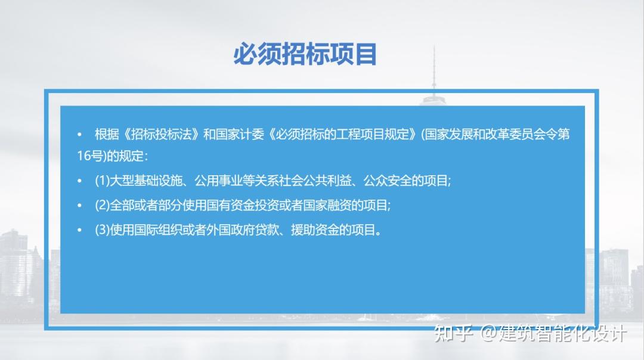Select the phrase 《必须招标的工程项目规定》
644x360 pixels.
[x=342, y=134]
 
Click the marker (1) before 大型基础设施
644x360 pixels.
[x=103, y=181]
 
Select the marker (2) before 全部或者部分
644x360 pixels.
[x=103, y=205]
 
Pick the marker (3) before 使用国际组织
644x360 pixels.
[x=103, y=230]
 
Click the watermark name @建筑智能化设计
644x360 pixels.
[x=555, y=334]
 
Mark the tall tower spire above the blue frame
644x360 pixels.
[x=434, y=66]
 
